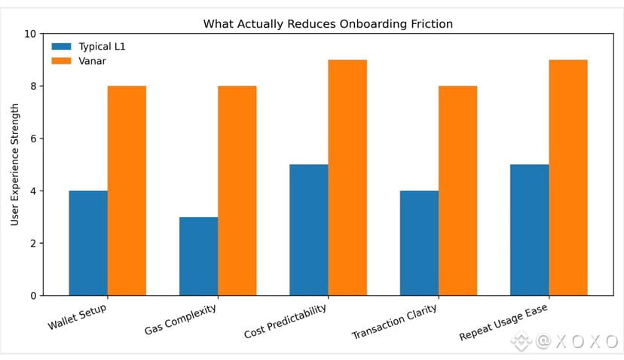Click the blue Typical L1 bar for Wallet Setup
(x=88, y=243)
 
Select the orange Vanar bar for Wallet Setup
(x=127, y=191)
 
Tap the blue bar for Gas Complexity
(x=198, y=256)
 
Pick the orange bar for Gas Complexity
(x=237, y=191)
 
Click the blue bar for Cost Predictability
(x=309, y=230)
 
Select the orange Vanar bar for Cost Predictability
(x=347, y=177)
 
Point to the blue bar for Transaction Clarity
(x=419, y=243)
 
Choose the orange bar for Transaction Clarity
(x=457, y=191)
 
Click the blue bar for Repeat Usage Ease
(x=529, y=230)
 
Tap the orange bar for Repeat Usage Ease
(x=567, y=177)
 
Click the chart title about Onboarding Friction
(x=328, y=23)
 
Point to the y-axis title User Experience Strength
(x=15, y=165)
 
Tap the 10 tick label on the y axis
(x=30, y=34)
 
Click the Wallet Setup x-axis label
(x=77, y=318)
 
